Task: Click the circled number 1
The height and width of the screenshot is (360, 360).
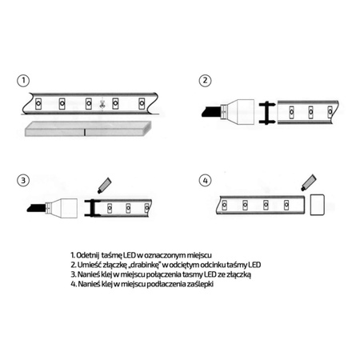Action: coord(25,81)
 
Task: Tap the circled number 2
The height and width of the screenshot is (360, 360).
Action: coord(206,81)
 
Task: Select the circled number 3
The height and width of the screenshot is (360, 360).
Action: coord(25,182)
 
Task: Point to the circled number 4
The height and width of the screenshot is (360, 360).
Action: coord(206,182)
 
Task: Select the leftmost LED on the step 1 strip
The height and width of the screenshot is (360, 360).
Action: coord(37,103)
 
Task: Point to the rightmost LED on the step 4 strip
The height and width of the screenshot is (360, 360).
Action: coord(286,206)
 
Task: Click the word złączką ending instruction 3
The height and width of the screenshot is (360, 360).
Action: coord(238,274)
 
